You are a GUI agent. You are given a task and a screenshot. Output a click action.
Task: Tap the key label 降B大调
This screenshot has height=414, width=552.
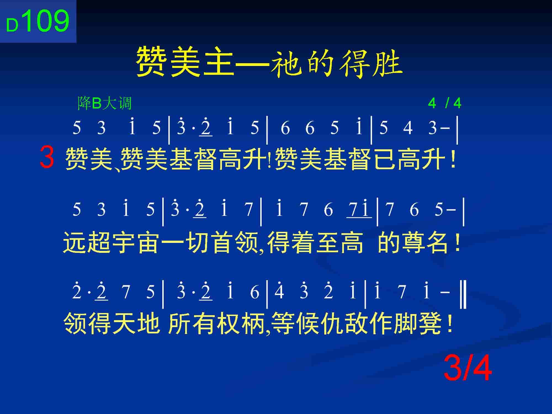point(105,103)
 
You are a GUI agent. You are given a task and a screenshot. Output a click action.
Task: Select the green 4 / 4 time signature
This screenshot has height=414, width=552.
point(445,103)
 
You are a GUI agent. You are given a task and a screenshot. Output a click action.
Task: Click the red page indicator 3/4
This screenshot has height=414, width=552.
point(468,368)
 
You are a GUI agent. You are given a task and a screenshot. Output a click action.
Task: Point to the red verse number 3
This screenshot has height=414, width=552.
point(47,157)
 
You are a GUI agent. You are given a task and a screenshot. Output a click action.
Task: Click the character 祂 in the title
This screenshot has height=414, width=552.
point(285,63)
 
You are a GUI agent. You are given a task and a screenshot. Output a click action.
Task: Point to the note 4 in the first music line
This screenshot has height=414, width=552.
point(408,128)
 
